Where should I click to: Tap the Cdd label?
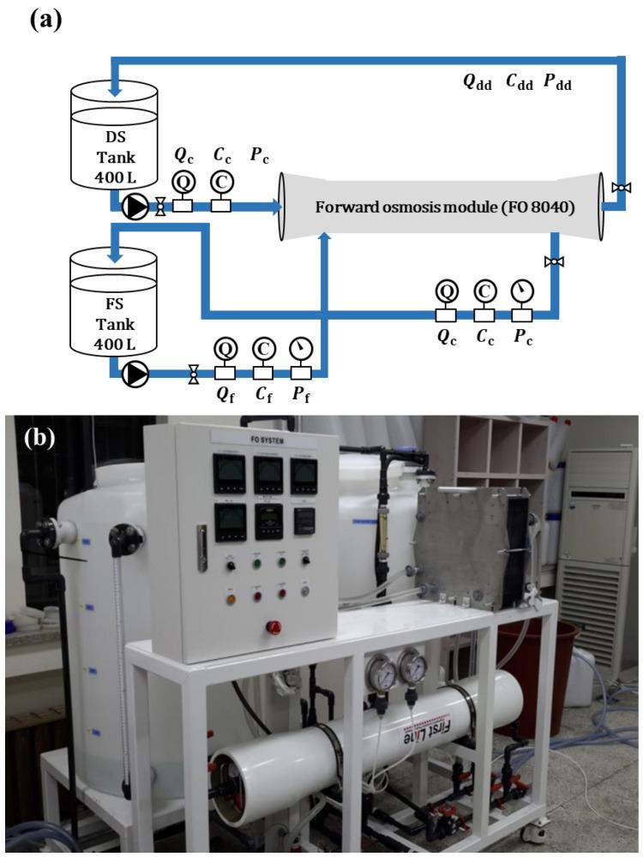tap(520, 82)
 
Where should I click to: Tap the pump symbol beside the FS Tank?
tap(135, 373)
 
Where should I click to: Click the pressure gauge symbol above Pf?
tap(301, 349)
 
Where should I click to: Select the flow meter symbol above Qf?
tap(225, 349)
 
